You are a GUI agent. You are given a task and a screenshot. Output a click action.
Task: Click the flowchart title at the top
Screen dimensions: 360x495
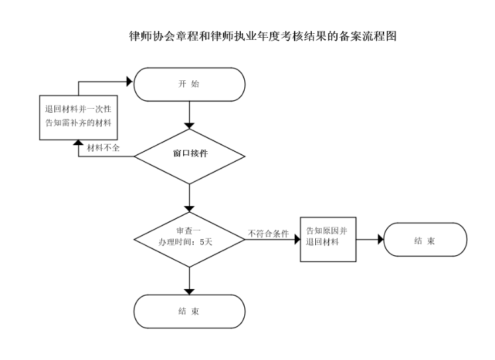[x=262, y=36]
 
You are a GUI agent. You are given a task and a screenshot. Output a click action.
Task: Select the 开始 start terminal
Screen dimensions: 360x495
[x=189, y=84]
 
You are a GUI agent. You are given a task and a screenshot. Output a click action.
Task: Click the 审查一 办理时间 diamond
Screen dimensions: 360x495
[x=189, y=237]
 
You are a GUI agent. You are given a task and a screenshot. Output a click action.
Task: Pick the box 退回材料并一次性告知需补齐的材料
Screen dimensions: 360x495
[x=78, y=116]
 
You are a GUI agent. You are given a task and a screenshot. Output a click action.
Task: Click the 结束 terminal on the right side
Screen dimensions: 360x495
[x=425, y=239]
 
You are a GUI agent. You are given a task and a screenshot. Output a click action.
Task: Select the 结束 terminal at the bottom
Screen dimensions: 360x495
[x=189, y=311]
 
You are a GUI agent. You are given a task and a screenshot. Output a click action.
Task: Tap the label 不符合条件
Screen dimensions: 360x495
[x=268, y=233]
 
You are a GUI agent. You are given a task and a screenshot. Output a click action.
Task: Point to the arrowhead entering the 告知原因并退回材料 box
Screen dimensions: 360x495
[x=297, y=239]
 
